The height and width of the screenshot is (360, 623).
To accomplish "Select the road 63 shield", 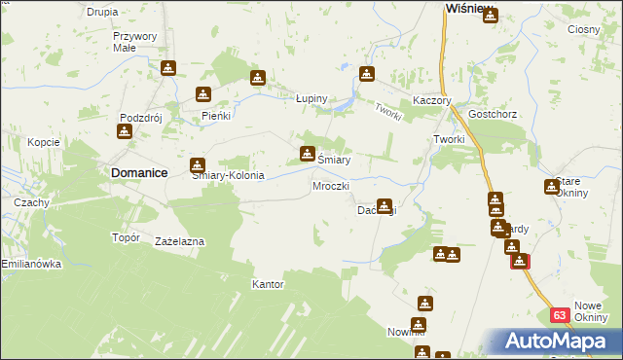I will (559, 315).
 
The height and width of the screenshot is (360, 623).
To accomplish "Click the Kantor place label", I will (268, 285).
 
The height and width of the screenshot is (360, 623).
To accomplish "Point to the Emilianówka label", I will (31, 264).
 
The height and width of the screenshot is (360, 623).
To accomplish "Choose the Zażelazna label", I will (178, 240).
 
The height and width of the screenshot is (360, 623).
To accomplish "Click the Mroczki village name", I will (329, 185).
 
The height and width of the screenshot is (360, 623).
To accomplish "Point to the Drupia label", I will (102, 12).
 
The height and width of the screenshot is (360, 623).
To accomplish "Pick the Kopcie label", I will (44, 142).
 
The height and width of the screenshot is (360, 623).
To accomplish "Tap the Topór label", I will (127, 236).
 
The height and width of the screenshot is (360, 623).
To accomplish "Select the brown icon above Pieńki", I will (203, 94).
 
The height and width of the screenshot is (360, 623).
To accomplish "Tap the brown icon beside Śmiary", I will (308, 153).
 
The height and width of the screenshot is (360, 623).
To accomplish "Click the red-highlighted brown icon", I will (520, 261).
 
